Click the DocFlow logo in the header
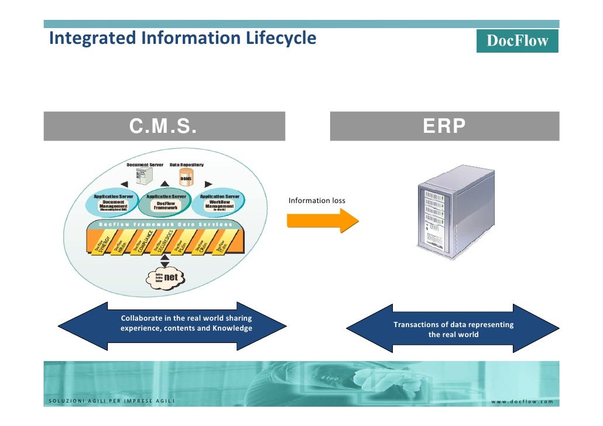point(517,40)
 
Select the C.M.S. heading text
point(163,126)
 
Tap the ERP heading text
point(444,126)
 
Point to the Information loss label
point(317,201)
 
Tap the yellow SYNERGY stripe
point(102,245)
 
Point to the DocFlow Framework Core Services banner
point(165,224)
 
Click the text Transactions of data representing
point(453,325)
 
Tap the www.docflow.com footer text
point(522,401)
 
